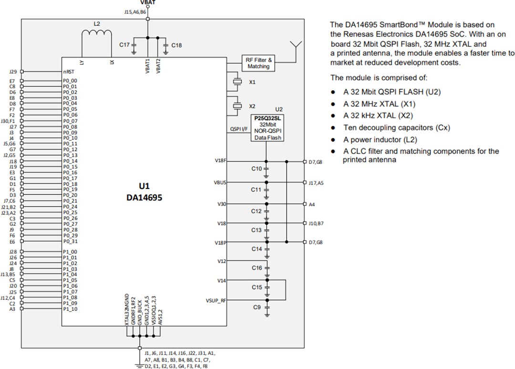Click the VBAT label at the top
[148, 2]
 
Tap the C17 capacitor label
[124, 44]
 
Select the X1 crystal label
[252, 82]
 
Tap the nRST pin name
[68, 72]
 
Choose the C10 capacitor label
[257, 169]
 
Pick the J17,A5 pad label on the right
[316, 182]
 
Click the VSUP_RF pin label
[216, 301]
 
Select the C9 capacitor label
[257, 308]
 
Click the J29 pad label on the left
[13, 72]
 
